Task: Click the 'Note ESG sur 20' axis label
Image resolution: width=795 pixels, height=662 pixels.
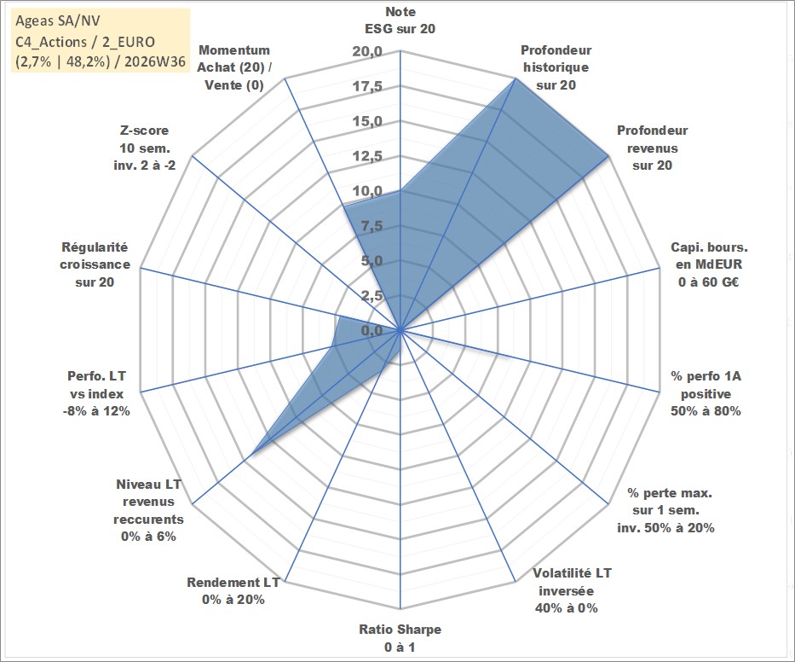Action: (x=400, y=20)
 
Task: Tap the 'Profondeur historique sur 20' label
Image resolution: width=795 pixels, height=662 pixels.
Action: (x=556, y=67)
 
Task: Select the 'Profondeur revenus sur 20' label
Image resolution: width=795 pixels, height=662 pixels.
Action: (x=652, y=148)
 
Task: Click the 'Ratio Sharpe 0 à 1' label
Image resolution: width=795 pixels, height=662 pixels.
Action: (x=400, y=638)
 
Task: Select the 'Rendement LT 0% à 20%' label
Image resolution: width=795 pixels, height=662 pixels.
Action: (x=233, y=591)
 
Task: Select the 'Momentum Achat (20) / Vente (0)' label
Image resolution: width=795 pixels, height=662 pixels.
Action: (x=234, y=67)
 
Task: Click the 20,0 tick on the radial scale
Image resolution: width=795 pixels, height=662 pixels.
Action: (x=367, y=52)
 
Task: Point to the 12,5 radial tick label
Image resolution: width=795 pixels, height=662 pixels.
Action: (x=367, y=156)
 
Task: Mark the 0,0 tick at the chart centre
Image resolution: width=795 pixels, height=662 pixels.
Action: (x=372, y=330)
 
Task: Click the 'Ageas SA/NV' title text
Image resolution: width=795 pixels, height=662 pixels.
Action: (x=58, y=20)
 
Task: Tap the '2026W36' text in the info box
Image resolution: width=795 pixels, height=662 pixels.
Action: (x=155, y=61)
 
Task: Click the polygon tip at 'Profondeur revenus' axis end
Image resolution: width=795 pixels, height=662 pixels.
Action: (x=608, y=156)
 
